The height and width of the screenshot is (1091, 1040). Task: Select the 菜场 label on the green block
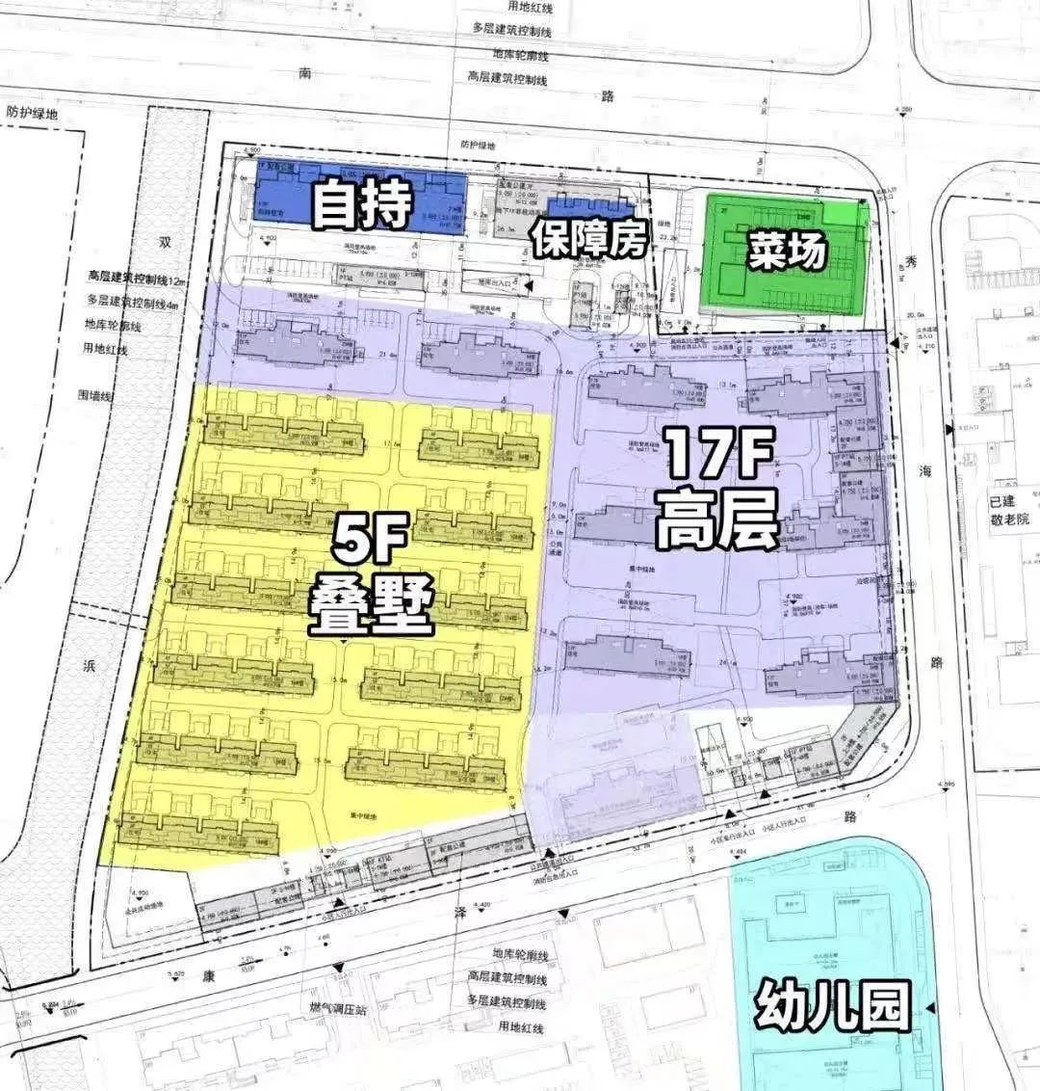786,253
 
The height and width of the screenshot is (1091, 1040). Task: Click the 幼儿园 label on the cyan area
832,1006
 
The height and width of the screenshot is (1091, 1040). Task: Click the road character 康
209,973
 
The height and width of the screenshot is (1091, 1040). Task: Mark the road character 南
307,73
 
